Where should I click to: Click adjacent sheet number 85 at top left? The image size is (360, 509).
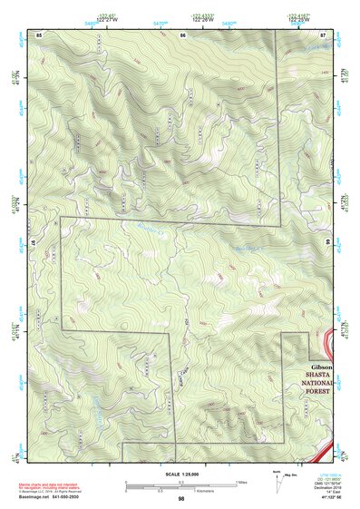39,34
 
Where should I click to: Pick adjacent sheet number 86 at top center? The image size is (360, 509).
183,34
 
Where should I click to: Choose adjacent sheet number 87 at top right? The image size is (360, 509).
323,34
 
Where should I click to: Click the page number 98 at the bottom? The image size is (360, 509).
182,498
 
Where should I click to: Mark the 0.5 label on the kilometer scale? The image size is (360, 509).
158,492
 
